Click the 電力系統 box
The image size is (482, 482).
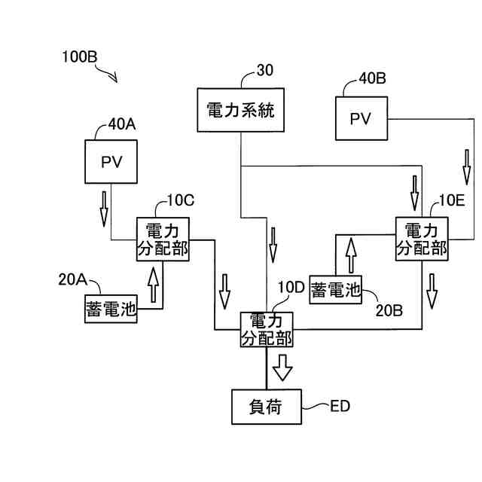pyautogui.click(x=240, y=111)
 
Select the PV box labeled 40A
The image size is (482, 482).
pyautogui.click(x=111, y=162)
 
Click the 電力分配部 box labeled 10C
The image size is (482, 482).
pyautogui.click(x=162, y=239)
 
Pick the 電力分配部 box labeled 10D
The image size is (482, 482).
pyautogui.click(x=267, y=329)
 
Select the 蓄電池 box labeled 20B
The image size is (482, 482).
pyautogui.click(x=335, y=290)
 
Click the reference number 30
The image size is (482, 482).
pyautogui.click(x=265, y=71)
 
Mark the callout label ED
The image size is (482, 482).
pyautogui.click(x=340, y=407)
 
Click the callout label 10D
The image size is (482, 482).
pyautogui.click(x=291, y=287)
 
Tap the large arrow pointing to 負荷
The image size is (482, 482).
pyautogui.click(x=282, y=367)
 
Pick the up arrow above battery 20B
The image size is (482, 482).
pyautogui.click(x=349, y=255)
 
